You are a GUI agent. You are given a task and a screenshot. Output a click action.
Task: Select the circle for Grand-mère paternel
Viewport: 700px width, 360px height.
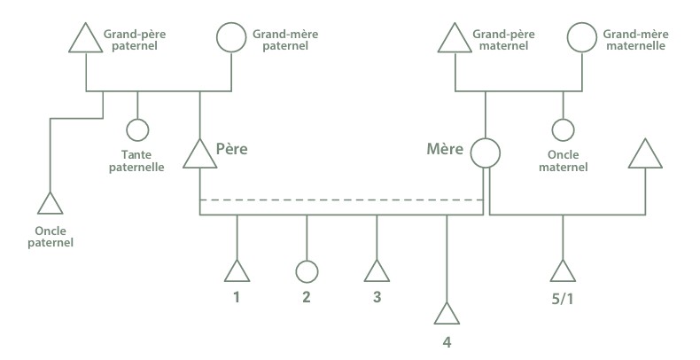(x=231, y=23)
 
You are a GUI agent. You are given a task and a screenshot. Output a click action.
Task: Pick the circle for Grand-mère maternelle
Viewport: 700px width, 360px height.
(x=581, y=23)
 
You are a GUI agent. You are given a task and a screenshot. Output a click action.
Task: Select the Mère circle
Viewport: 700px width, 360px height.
(x=486, y=138)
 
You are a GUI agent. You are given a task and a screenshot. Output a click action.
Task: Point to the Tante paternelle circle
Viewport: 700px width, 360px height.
(x=137, y=119)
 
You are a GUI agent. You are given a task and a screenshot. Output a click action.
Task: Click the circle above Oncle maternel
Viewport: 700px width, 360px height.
(x=563, y=119)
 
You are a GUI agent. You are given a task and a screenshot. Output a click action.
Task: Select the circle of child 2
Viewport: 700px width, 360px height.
(x=307, y=261)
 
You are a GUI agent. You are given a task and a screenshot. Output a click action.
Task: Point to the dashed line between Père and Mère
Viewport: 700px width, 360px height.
(x=341, y=200)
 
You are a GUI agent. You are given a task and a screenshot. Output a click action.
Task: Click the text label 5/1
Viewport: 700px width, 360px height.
(x=563, y=299)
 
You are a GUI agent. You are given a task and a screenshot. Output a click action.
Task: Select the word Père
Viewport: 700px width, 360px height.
(x=231, y=149)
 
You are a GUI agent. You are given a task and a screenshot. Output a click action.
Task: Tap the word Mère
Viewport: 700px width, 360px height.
(x=445, y=149)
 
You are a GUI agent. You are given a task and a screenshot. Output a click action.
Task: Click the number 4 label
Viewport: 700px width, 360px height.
(x=447, y=342)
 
